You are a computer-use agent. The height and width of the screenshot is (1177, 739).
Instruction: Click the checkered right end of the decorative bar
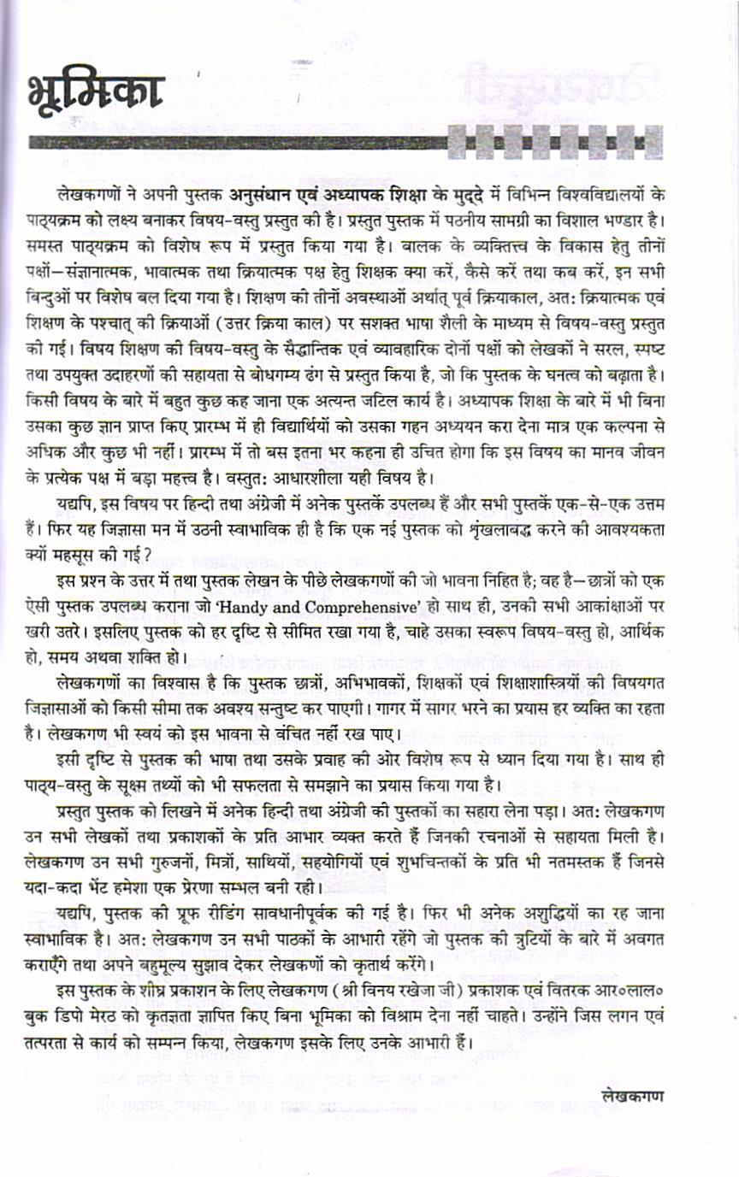point(555,140)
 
